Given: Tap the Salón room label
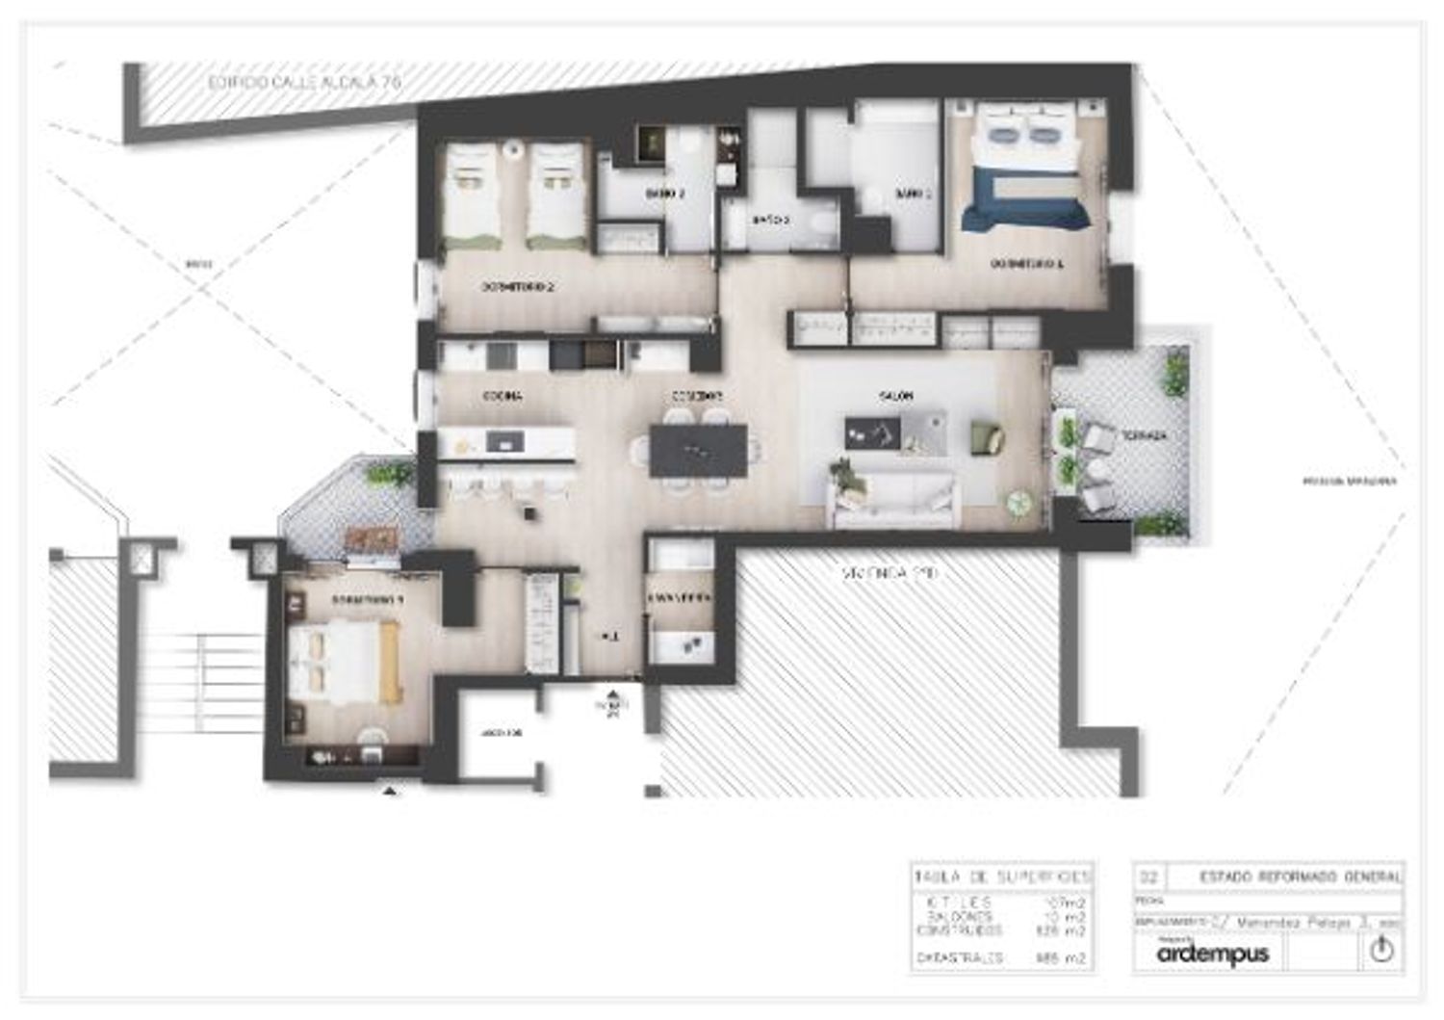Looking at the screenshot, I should pos(895,396).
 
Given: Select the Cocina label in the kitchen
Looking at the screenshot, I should pos(503,396).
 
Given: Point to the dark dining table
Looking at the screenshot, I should pos(698,451).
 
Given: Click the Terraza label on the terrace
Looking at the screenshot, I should pos(1143,436).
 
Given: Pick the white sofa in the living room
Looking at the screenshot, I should pos(894,501).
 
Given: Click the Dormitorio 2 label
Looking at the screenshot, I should pos(518,287).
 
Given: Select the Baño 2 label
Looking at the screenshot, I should pos(664,194).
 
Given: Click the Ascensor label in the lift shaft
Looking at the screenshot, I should pos(502,733).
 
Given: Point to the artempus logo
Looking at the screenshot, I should pos(1212,954).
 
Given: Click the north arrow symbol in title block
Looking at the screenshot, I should pos(1381,951).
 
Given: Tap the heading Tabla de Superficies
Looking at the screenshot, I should pos(1001,876).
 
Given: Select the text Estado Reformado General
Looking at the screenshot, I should pos(1300,876).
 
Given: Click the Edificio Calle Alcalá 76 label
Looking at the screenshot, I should pos(303,83).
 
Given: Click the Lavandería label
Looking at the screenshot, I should pos(680,598).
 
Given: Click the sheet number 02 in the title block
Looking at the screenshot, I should pos(1148,876).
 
